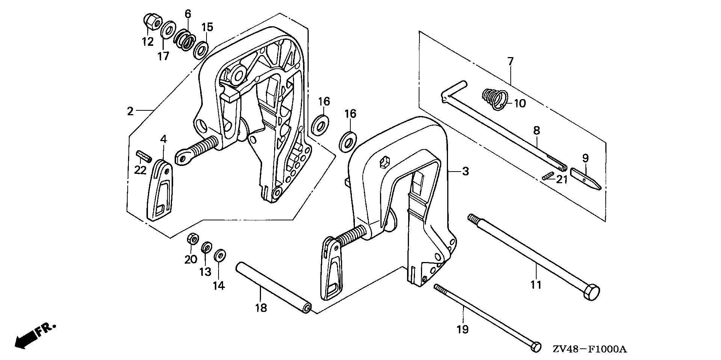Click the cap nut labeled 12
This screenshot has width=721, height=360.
point(151,21)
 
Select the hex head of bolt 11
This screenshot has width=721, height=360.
point(591,292)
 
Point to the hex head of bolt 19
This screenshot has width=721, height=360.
point(536,347)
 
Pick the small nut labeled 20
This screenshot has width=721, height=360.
point(192,239)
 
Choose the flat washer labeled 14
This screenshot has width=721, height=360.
point(220,256)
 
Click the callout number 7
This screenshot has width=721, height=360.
point(510,61)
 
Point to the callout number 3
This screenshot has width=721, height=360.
point(466,172)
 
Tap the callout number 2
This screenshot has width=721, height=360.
point(130,111)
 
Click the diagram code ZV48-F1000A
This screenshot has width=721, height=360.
point(590,349)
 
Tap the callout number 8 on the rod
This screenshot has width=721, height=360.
point(537,130)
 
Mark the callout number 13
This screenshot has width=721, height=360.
point(205,271)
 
